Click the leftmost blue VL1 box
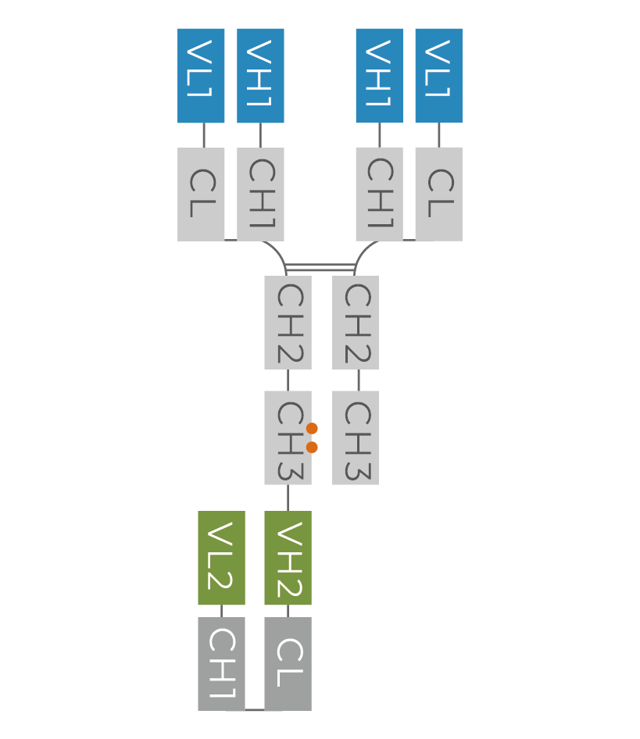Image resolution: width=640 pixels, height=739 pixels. click(x=201, y=76)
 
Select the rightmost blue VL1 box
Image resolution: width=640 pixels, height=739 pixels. click(x=438, y=76)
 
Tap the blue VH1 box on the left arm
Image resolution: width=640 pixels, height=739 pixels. click(x=260, y=76)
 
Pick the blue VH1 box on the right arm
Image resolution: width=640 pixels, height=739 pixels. click(x=379, y=76)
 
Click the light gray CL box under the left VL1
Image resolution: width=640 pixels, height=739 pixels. click(x=201, y=194)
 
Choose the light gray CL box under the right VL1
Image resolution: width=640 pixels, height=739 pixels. click(x=438, y=194)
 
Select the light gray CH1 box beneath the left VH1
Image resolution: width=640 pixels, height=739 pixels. click(x=260, y=194)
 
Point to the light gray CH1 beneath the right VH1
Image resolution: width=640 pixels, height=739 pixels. click(x=379, y=194)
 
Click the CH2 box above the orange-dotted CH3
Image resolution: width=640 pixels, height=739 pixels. click(x=288, y=322)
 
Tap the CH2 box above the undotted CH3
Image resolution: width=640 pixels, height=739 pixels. click(x=356, y=322)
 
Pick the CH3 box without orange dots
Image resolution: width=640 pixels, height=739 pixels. click(x=356, y=437)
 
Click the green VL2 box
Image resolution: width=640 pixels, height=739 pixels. click(x=221, y=558)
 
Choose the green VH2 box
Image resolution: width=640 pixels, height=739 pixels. click(x=288, y=558)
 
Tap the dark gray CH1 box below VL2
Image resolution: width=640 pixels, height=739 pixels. click(x=221, y=663)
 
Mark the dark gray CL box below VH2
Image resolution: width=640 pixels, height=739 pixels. click(x=288, y=663)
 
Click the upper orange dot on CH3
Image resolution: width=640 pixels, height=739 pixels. click(x=312, y=428)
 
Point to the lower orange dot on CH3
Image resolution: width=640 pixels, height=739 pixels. click(x=312, y=447)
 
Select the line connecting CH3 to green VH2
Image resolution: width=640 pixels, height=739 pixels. click(x=288, y=498)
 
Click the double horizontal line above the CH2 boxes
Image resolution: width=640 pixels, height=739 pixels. click(x=320, y=268)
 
